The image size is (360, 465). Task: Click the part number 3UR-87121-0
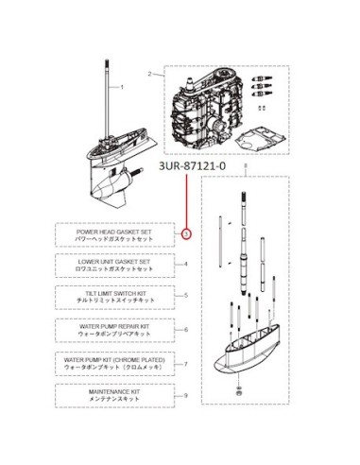tap(192, 165)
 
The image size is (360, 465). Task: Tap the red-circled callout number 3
tap(186, 233)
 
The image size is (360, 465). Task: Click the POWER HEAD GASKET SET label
tap(114, 232)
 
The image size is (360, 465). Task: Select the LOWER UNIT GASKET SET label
tap(114, 262)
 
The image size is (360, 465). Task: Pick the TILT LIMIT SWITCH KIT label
tap(115, 293)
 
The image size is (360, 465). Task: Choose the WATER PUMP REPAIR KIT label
tap(114, 326)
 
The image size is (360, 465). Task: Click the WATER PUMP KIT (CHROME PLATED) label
tap(114, 359)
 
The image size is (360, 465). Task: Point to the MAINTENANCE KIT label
tap(114, 392)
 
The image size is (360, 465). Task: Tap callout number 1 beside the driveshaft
tap(122, 87)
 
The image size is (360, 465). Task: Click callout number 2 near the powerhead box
tap(150, 74)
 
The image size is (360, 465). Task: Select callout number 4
tap(186, 264)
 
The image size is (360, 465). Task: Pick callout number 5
tap(186, 296)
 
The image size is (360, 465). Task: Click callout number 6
tap(186, 330)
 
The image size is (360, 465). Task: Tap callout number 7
tap(186, 364)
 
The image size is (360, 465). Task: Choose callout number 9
tap(186, 395)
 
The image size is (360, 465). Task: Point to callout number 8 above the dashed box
tap(246, 164)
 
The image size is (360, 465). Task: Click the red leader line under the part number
tap(186, 201)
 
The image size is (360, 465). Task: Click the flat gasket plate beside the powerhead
tap(261, 138)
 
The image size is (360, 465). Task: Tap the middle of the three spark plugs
tap(263, 86)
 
